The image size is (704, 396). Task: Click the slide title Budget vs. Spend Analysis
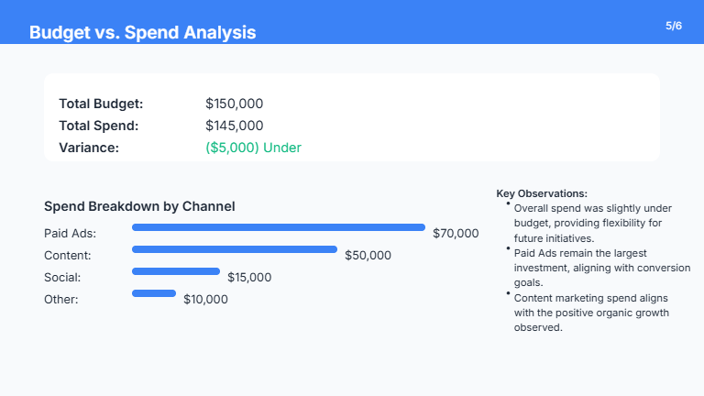click(x=142, y=33)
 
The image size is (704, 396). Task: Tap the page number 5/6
click(x=674, y=26)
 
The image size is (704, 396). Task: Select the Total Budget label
click(x=101, y=104)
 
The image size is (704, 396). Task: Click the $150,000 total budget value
click(x=234, y=104)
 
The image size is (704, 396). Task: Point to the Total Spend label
click(x=98, y=126)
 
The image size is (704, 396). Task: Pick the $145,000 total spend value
click(x=234, y=126)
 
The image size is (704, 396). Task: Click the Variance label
click(x=89, y=148)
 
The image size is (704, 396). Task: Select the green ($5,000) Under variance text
click(x=253, y=148)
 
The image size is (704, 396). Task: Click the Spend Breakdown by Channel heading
click(x=139, y=206)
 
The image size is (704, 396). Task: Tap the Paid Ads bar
click(x=279, y=227)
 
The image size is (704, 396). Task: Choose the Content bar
click(x=235, y=249)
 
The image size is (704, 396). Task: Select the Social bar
click(x=176, y=271)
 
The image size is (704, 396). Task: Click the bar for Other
click(x=154, y=293)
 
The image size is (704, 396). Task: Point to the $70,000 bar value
click(x=456, y=234)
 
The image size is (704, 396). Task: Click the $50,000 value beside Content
click(x=368, y=256)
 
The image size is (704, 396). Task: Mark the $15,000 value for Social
click(x=250, y=278)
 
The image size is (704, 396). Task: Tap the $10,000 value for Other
click(x=205, y=300)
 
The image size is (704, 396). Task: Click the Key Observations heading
click(x=542, y=193)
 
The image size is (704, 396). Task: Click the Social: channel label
click(x=63, y=278)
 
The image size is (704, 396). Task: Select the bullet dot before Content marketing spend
click(x=508, y=292)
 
